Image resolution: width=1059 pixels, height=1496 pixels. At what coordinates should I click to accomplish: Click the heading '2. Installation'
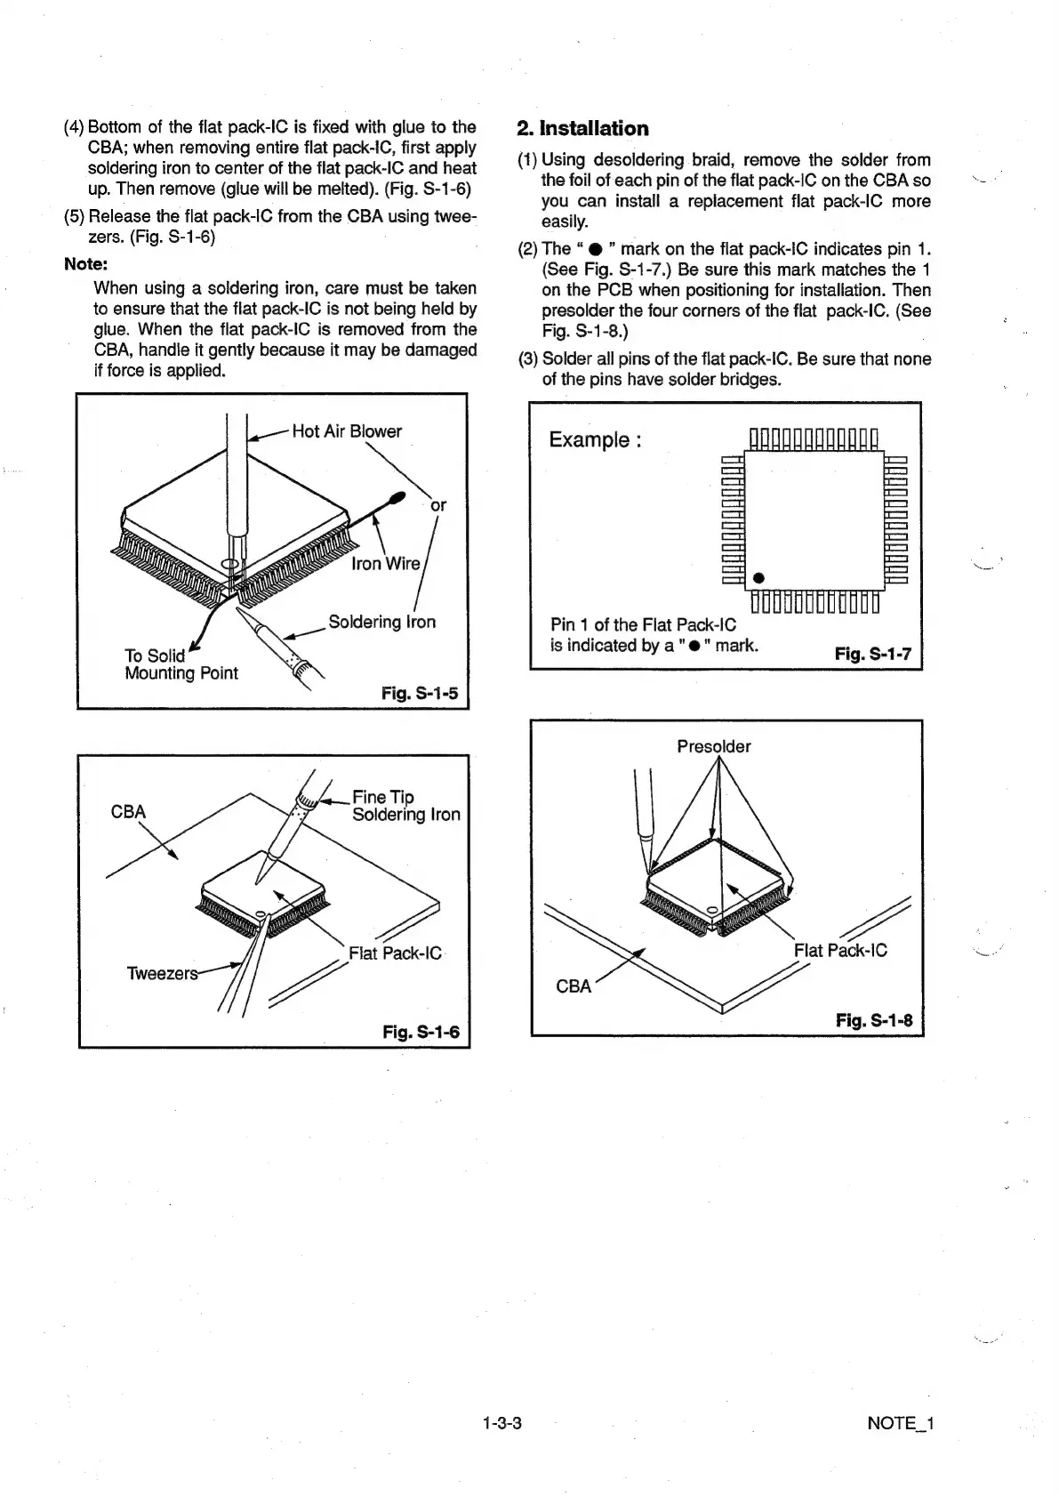pyautogui.click(x=583, y=128)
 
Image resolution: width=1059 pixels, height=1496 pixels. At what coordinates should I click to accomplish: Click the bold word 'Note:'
pyautogui.click(x=85, y=264)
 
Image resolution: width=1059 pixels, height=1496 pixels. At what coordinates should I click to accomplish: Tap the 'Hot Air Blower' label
pyautogui.click(x=347, y=431)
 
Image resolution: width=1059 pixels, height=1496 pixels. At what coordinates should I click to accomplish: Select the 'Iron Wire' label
pyautogui.click(x=386, y=564)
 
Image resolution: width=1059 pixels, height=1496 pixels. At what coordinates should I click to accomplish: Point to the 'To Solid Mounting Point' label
pyautogui.click(x=181, y=664)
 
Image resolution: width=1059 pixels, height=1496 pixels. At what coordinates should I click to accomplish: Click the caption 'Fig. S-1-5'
pyautogui.click(x=420, y=692)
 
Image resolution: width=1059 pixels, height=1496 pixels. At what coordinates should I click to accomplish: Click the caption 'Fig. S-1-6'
pyautogui.click(x=421, y=1032)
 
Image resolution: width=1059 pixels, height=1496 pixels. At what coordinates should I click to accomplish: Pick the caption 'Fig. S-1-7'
pyautogui.click(x=872, y=655)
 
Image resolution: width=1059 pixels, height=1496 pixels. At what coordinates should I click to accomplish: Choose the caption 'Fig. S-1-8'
pyautogui.click(x=874, y=1019)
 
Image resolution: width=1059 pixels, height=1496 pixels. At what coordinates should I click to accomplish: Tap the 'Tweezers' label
pyautogui.click(x=162, y=973)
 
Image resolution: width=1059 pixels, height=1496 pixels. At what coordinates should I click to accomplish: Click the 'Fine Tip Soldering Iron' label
pyautogui.click(x=405, y=806)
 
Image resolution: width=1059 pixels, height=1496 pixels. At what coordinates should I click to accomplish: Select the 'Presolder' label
pyautogui.click(x=713, y=746)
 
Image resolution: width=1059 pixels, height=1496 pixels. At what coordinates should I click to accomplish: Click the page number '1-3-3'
pyautogui.click(x=501, y=1423)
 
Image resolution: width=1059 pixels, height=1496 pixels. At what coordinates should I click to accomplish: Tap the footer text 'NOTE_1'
pyautogui.click(x=900, y=1423)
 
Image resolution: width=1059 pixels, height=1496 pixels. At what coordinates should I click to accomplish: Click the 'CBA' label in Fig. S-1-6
pyautogui.click(x=128, y=812)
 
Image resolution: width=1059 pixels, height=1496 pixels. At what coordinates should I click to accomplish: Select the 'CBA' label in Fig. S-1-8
pyautogui.click(x=574, y=986)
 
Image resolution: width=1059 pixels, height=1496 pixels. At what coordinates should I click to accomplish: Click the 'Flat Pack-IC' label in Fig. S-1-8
pyautogui.click(x=840, y=950)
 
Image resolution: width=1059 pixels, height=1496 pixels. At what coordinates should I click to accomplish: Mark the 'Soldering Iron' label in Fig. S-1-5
pyautogui.click(x=381, y=622)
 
